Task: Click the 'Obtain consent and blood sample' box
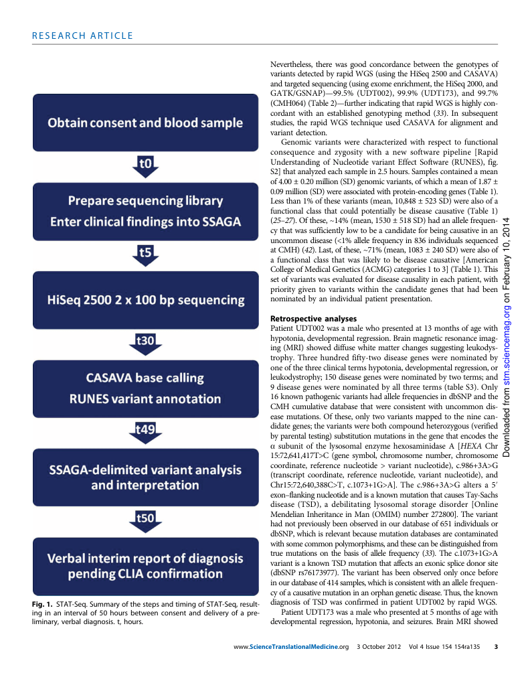point(145,123)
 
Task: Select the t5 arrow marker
point(145,254)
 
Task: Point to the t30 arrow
point(145,344)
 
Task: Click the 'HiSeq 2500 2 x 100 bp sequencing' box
point(145,299)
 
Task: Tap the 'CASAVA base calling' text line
point(145,378)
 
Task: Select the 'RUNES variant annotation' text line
point(145,399)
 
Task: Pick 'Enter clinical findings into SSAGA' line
point(145,222)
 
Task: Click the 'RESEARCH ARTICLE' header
point(82,36)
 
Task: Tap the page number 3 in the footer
point(496,646)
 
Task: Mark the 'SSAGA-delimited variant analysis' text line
point(145,467)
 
